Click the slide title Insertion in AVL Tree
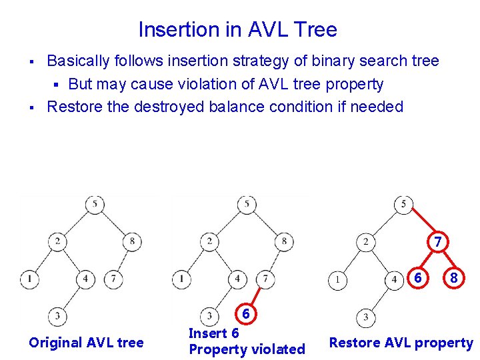point(237,30)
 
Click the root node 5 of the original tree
point(95,204)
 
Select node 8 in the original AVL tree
point(132,241)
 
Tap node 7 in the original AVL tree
point(113,278)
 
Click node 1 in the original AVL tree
point(29,278)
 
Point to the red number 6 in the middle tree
point(245,314)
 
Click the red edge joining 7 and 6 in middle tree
point(256,296)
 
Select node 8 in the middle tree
point(284,241)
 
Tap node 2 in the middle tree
point(210,241)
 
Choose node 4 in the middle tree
point(237,278)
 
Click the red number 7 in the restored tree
point(437,243)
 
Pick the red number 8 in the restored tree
point(453,278)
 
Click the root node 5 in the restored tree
point(403,204)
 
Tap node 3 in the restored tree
point(365,317)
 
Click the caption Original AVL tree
point(86,343)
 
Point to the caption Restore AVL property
point(401,343)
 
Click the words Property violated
point(247,349)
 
